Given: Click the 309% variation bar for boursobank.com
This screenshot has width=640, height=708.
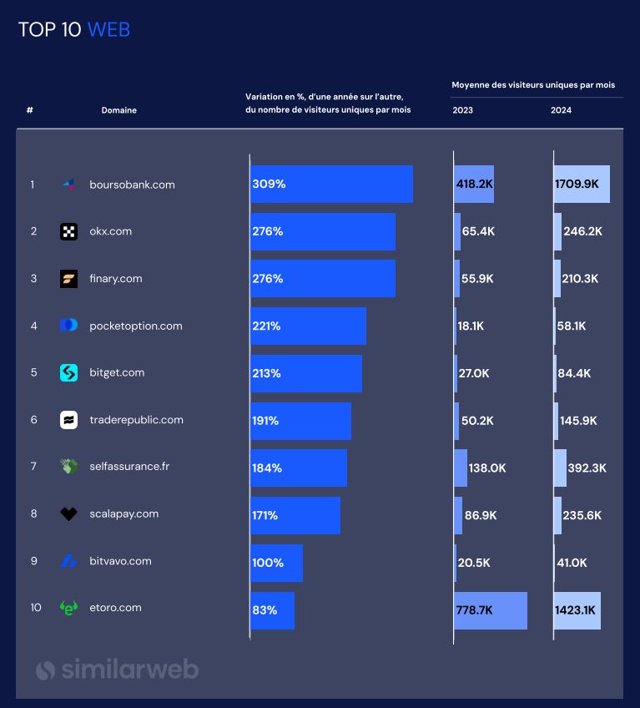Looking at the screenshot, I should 331,184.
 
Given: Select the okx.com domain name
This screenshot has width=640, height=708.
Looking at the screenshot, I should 110,231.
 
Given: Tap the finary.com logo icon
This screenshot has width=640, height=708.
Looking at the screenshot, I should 68,279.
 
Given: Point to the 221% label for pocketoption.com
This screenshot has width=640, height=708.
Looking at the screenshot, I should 266,326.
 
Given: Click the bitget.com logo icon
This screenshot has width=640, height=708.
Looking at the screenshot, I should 68,373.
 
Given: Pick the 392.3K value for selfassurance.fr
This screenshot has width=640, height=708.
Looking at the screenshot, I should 587,468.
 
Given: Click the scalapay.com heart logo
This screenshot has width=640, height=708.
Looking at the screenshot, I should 68,514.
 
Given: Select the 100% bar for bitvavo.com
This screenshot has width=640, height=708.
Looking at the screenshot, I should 276,563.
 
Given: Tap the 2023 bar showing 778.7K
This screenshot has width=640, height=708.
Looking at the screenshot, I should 491,610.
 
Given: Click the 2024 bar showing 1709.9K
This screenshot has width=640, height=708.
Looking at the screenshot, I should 582,184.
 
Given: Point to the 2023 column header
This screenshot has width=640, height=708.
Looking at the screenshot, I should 462,110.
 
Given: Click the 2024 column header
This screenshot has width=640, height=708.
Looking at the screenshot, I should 561,110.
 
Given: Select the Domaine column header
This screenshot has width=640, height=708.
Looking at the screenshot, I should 118,110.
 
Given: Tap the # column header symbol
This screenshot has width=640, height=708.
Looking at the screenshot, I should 30,110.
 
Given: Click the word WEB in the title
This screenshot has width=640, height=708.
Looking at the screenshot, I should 108,30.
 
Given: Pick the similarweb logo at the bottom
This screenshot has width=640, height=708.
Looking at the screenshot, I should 117,669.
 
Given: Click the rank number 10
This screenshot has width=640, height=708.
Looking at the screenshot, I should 36,608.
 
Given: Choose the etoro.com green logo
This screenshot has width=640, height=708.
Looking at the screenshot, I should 68,609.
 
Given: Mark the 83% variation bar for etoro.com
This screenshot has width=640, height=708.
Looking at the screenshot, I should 272,610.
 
